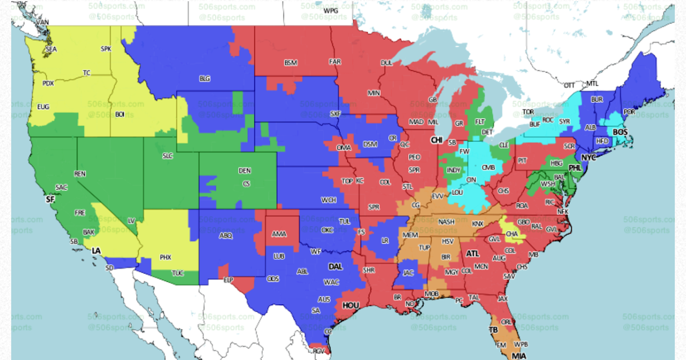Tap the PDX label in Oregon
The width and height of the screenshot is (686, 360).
(48, 83)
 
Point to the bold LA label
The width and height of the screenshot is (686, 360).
(97, 251)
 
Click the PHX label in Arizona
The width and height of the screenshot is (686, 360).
(166, 257)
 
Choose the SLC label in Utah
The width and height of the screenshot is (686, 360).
(167, 155)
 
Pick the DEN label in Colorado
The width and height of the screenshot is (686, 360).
(245, 170)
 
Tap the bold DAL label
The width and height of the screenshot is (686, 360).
(336, 266)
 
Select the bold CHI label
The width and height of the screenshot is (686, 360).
(437, 139)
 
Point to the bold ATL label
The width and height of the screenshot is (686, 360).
(473, 253)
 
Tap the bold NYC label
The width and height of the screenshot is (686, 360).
(589, 157)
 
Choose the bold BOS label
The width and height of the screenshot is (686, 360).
(620, 132)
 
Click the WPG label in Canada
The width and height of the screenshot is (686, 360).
(330, 11)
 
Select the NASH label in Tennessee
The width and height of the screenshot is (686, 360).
(446, 222)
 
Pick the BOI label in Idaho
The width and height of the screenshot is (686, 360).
(119, 114)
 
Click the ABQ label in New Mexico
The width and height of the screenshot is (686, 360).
(226, 235)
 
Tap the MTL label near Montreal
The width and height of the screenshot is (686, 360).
(592, 83)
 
